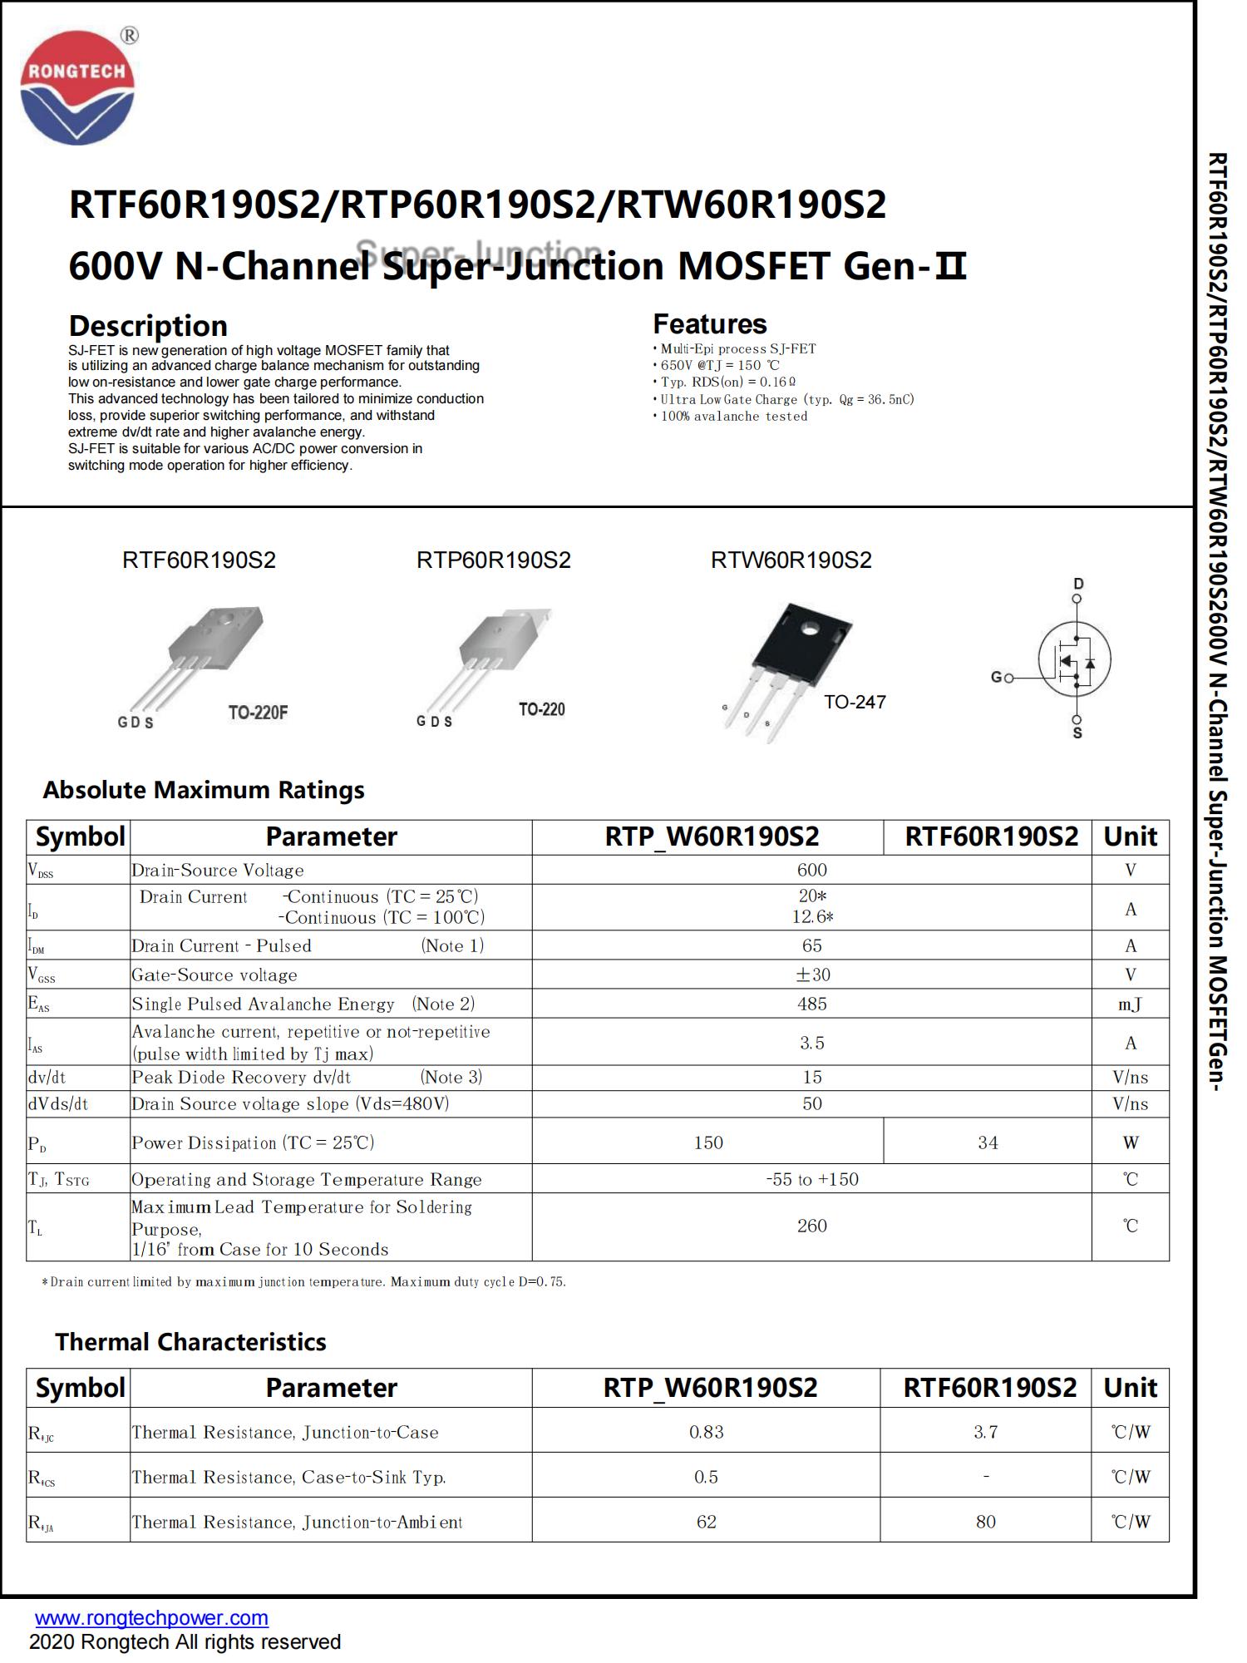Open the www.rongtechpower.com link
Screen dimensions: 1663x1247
(x=151, y=1617)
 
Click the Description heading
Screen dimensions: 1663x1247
(x=148, y=325)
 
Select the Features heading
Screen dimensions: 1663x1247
(x=709, y=323)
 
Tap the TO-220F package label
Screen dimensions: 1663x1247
(x=258, y=713)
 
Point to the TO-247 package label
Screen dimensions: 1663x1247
(x=855, y=702)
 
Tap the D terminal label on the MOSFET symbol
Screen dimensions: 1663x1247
(x=1078, y=584)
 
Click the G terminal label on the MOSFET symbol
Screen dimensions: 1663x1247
(x=996, y=677)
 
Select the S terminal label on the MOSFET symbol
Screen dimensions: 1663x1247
(x=1077, y=733)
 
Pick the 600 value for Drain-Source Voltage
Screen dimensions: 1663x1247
(x=811, y=870)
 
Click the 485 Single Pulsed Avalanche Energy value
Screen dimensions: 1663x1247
(x=811, y=1004)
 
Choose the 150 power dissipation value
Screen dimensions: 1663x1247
(x=707, y=1142)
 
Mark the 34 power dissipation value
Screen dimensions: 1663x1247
(x=988, y=1142)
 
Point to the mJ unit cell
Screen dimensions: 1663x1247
(x=1130, y=1004)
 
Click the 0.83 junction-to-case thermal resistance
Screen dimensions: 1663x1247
(x=707, y=1432)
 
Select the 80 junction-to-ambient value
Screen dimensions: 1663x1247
(x=986, y=1522)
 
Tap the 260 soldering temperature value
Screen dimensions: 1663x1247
(x=811, y=1226)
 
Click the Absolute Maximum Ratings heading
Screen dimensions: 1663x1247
(x=204, y=790)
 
